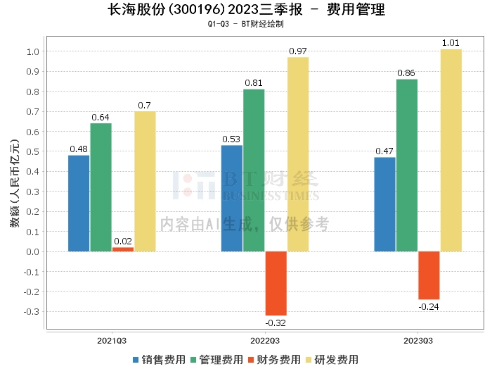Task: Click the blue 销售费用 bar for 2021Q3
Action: click(79, 204)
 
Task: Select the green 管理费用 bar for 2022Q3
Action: click(254, 170)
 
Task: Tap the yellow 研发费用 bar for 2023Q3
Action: click(451, 150)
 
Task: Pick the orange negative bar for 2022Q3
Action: click(276, 283)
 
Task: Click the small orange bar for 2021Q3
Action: click(123, 249)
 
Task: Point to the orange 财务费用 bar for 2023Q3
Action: click(429, 275)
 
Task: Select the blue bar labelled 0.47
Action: click(384, 204)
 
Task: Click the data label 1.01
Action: click(451, 43)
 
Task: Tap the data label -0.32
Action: click(276, 323)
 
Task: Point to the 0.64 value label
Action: click(101, 118)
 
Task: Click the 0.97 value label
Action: click(298, 51)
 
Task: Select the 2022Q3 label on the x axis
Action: click(265, 341)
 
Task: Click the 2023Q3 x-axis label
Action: click(418, 341)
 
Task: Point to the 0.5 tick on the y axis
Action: click(32, 151)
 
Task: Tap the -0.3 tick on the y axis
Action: click(32, 312)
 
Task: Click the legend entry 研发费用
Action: click(332, 360)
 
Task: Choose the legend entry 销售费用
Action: click(160, 360)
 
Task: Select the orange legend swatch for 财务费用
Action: click(251, 360)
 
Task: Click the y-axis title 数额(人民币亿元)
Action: click(15, 183)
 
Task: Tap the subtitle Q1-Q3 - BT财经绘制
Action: click(246, 24)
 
